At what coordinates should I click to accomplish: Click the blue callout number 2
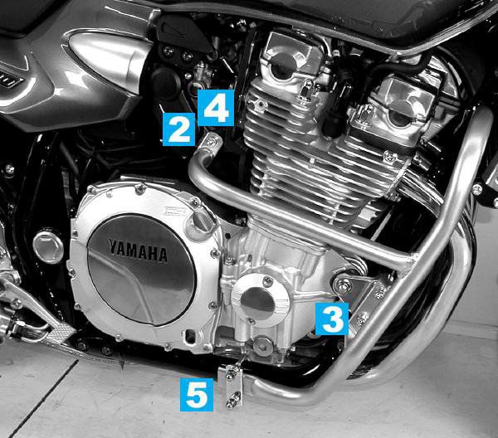point(178,129)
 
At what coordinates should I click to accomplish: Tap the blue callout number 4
point(216,108)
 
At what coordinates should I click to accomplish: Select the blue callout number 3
point(332,319)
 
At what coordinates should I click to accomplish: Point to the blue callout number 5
point(197,395)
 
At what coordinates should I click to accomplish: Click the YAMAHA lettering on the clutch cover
point(138,251)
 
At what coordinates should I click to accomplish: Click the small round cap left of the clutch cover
point(48,247)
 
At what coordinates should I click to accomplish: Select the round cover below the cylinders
point(260,301)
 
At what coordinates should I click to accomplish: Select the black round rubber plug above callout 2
point(165,84)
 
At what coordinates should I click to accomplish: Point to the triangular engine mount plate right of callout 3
point(364,298)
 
